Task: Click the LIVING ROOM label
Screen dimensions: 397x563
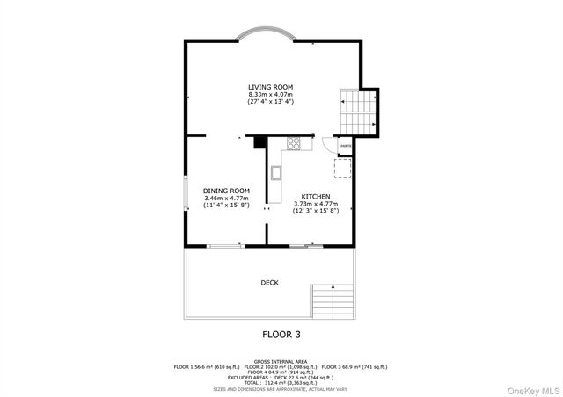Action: click(270, 87)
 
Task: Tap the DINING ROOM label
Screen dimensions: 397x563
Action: click(226, 191)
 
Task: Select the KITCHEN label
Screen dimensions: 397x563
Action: click(316, 196)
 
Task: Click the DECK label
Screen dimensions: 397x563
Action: click(270, 282)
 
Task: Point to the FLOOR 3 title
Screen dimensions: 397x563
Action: click(282, 334)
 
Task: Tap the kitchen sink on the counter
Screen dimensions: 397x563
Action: click(276, 171)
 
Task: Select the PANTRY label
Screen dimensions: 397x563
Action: click(347, 145)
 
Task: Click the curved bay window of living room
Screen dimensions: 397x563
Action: click(270, 34)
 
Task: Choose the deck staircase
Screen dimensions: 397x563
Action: click(332, 302)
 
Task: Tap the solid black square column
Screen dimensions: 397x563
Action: click(260, 142)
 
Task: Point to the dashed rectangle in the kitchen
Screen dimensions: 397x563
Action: click(343, 168)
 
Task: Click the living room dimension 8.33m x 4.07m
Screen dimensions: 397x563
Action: click(270, 95)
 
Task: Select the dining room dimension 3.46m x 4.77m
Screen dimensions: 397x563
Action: click(226, 198)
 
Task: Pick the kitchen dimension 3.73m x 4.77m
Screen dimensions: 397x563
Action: click(316, 204)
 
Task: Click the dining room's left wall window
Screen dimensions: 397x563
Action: click(185, 193)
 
